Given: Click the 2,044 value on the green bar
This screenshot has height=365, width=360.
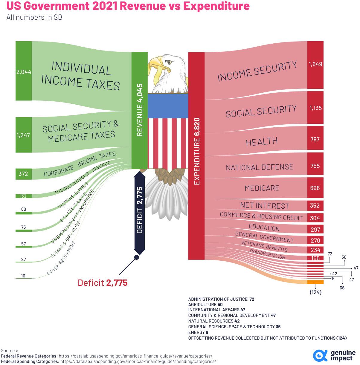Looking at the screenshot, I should click(x=24, y=72).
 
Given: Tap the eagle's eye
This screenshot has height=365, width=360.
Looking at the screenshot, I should click(x=169, y=62).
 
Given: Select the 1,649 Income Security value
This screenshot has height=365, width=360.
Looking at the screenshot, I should click(x=315, y=64).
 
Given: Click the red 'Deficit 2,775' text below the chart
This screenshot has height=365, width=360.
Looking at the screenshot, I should click(x=103, y=282).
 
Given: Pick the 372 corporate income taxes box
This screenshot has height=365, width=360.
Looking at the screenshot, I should click(x=23, y=174).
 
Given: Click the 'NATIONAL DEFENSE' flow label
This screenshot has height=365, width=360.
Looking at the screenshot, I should click(x=259, y=167).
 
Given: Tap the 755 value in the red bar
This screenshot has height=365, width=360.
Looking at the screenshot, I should click(x=315, y=166).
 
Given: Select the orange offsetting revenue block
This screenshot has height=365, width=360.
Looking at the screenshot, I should click(x=315, y=282).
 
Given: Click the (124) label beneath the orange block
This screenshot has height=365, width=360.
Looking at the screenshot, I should click(x=315, y=292).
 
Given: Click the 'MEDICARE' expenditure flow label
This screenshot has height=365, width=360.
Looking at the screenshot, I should click(x=262, y=188).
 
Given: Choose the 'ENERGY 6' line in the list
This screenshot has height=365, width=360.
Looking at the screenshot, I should click(x=198, y=332).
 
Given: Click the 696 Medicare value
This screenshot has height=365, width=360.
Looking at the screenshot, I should click(x=315, y=188).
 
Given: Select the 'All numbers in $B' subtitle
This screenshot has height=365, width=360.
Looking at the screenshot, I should click(x=34, y=17).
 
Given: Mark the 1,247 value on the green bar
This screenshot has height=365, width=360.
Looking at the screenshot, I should click(x=24, y=135).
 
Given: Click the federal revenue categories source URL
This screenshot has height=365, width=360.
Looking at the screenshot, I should click(x=135, y=356).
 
